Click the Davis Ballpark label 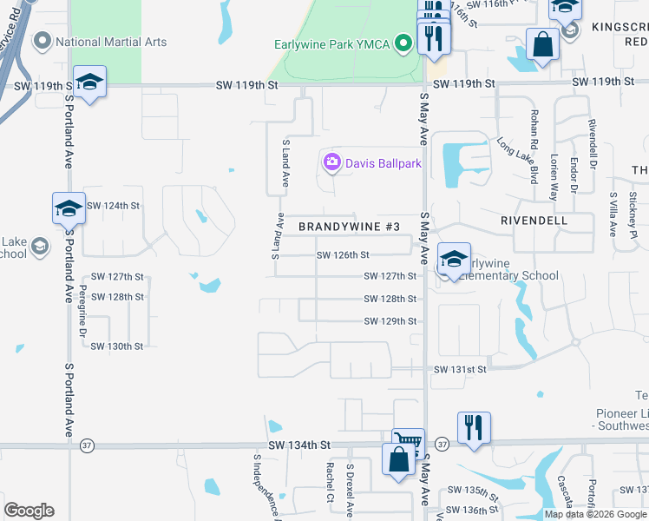[383, 162]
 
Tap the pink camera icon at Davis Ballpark [331, 162]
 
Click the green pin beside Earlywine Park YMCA [403, 42]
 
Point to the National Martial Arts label [110, 42]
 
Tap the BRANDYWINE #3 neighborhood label [349, 227]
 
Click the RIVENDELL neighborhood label [534, 221]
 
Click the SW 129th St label [390, 321]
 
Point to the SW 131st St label [460, 369]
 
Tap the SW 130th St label [116, 346]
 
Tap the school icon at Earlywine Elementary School [454, 258]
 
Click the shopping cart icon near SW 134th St [408, 442]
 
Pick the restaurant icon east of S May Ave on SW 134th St [474, 426]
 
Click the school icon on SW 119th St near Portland [89, 82]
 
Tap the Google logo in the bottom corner [29, 510]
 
